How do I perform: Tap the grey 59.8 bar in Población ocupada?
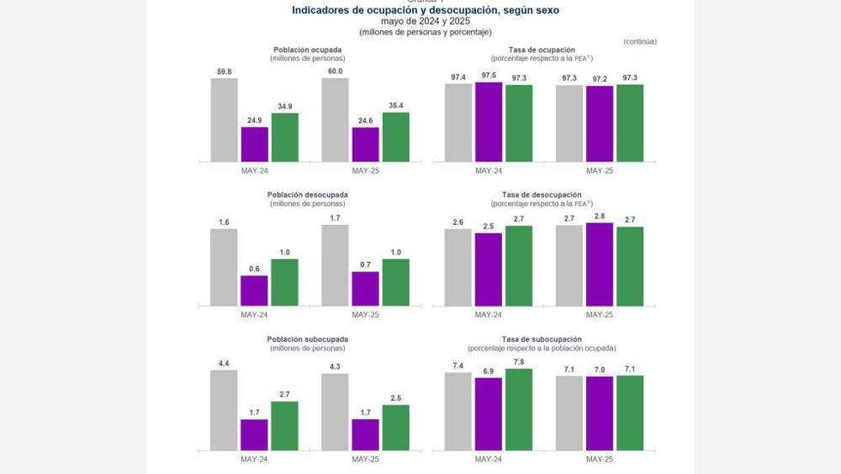click(x=224, y=119)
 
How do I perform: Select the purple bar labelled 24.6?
click(x=365, y=144)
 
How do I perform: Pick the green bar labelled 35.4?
click(x=396, y=137)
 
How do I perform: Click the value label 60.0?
click(x=335, y=71)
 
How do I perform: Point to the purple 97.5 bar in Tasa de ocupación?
click(x=488, y=122)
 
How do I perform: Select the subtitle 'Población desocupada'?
click(x=307, y=195)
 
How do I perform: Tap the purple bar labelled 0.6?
click(x=254, y=291)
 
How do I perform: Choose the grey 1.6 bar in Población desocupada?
click(x=224, y=267)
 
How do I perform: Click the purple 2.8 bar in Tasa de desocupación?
click(x=599, y=264)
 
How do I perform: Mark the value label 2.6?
click(x=457, y=222)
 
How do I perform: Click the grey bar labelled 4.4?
click(x=224, y=410)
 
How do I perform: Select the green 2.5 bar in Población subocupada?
click(x=396, y=428)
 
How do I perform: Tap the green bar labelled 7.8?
click(x=518, y=410)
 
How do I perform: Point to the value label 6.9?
click(x=488, y=371)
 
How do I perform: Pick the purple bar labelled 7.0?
click(x=599, y=413)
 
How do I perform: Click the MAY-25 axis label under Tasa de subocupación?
click(x=599, y=459)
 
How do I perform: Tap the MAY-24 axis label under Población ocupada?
click(x=255, y=170)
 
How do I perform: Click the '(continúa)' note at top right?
click(x=639, y=41)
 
